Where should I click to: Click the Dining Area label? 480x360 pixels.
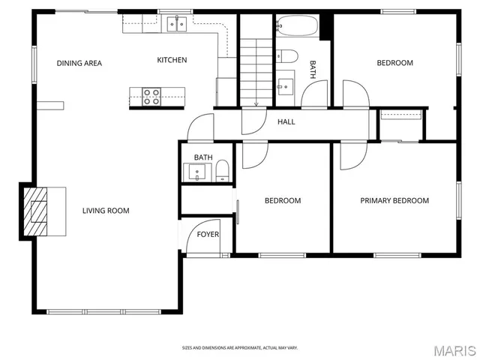79,63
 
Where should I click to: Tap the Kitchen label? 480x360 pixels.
172,60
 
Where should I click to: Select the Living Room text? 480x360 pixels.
106,211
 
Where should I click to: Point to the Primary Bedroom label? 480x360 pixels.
394,200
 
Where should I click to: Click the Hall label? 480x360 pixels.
286,121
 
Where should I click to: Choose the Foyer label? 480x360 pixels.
208,235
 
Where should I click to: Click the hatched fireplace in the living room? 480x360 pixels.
35,211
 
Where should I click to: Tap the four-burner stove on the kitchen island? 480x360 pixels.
151,94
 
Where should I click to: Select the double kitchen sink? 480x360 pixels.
178,24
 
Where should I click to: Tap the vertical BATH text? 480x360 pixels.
313,70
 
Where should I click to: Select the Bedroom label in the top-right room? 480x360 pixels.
394,63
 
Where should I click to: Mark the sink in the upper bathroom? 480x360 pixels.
286,83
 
